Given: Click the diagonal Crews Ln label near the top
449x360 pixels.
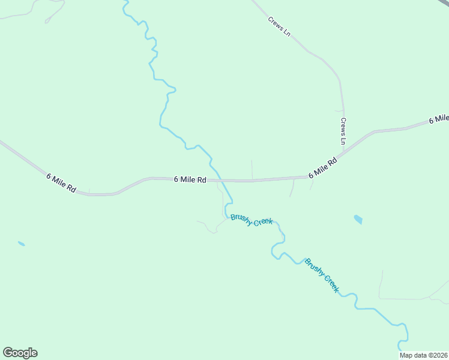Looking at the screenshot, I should (279, 26).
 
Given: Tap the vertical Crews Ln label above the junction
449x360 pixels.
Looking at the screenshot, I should (343, 131).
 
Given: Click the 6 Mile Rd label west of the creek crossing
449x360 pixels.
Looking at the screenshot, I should (190, 179).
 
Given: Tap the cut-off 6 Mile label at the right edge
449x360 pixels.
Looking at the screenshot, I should (439, 118).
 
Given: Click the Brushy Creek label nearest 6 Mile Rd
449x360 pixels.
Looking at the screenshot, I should (252, 220).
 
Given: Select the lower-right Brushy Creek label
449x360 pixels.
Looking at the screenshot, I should (322, 275).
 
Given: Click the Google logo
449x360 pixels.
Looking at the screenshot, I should (20, 353).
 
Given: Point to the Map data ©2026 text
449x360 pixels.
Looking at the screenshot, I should (424, 355).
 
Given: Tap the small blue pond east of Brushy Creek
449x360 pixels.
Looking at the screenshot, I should (358, 220).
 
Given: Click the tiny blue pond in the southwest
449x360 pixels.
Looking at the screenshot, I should (22, 244).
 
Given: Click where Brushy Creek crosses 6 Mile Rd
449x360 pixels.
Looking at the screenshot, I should (221, 179).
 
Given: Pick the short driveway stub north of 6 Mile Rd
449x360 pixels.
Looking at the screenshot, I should (252, 169).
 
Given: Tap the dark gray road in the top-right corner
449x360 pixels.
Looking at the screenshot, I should (444, 3).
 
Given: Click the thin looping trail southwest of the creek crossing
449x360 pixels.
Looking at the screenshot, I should (208, 227).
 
